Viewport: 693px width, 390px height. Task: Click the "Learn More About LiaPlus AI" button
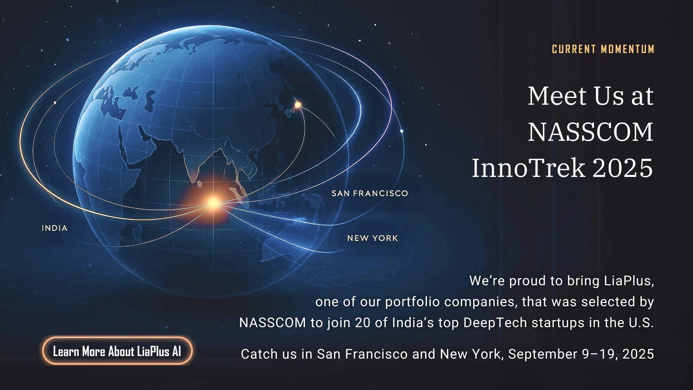117,351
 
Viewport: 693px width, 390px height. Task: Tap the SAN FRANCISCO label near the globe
370,193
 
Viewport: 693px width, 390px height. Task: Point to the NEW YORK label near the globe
372,238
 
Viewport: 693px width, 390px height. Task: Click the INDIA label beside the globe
55,228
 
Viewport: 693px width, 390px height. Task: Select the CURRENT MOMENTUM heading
603,49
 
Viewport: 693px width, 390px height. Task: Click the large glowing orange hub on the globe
214,203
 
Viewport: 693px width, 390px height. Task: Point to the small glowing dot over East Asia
298,105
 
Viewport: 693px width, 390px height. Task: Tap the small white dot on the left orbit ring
55,103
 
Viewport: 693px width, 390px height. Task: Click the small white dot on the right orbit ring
402,131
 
